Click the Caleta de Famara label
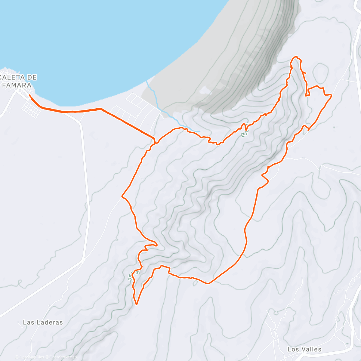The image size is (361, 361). coord(18,81)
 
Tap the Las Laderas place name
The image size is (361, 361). coord(43,322)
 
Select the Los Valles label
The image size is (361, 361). coord(304,349)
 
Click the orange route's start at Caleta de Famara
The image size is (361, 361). coord(29,95)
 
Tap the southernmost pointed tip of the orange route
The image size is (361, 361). coord(137,304)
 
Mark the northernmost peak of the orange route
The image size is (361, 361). coord(297,57)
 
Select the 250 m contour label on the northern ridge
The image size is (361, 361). coord(245,130)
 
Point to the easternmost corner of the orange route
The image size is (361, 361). coord(331,95)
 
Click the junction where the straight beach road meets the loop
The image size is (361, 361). coord(154,139)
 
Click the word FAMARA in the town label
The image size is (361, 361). coord(17,85)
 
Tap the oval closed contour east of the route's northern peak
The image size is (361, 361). coord(320,72)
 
